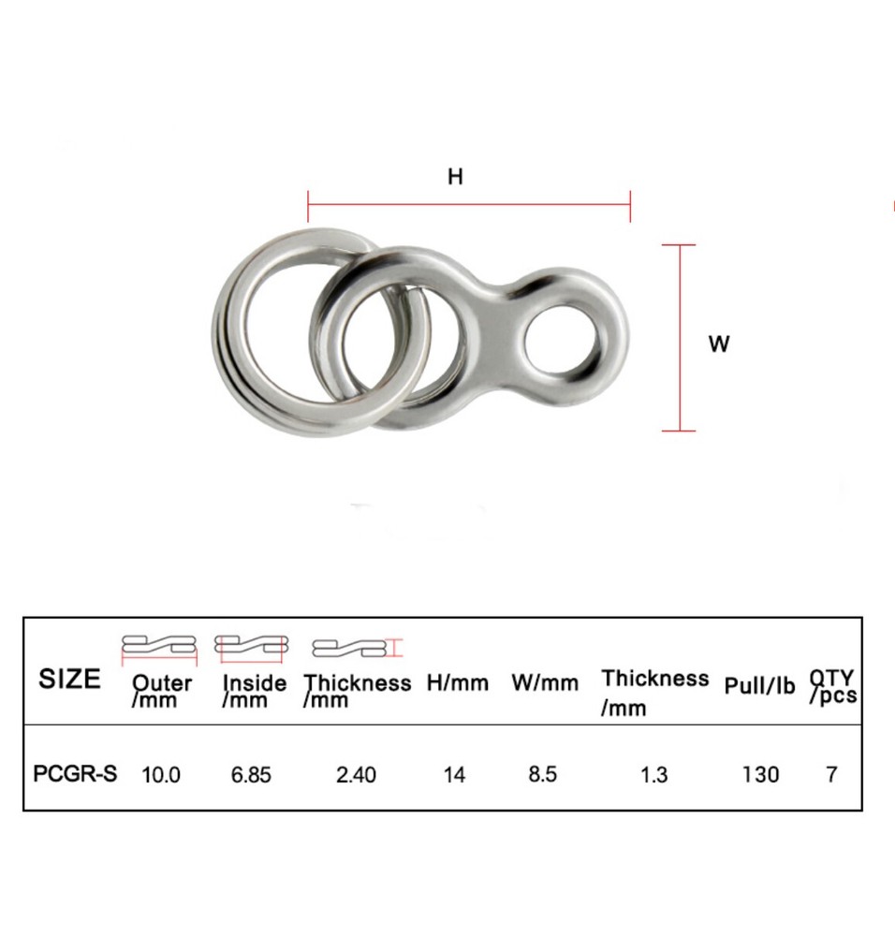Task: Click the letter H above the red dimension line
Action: pos(455,176)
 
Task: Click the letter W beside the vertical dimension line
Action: pos(718,344)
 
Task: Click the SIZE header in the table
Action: pos(69,679)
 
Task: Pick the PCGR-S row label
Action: pos(75,774)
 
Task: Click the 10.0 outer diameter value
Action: pos(161,775)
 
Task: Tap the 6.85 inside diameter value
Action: pos(251,775)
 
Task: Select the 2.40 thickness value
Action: pos(356,775)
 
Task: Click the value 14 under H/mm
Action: pos(454,775)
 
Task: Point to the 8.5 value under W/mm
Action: pos(543,775)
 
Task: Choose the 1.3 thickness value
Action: pos(654,775)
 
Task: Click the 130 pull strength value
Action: pos(759,775)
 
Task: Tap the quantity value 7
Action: pos(831,775)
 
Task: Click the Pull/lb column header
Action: pos(759,686)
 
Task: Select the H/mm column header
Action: pos(458,683)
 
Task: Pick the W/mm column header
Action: pos(545,683)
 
